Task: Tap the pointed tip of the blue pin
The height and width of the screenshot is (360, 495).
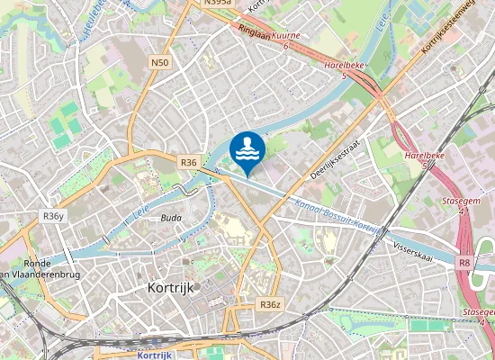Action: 247,175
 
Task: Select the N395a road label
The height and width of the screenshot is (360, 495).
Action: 217,3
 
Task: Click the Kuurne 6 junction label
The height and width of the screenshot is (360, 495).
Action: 285,40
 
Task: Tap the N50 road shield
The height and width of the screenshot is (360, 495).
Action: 159,62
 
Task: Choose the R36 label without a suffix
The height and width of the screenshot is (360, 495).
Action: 188,162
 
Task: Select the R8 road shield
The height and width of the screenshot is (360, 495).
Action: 463,263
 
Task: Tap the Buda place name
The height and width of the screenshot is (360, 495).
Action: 171,218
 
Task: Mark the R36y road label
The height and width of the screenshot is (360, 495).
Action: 53,216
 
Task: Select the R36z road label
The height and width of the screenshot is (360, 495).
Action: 271,305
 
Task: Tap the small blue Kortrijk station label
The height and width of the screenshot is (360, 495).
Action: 155,355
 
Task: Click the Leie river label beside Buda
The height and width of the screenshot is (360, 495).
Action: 140,213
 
